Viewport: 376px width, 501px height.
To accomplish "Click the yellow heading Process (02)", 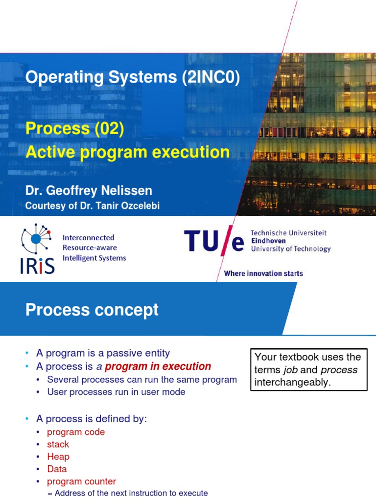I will (x=75, y=129).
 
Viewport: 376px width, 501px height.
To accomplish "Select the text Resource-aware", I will (x=89, y=248).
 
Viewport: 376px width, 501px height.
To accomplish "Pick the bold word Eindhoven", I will (x=268, y=241).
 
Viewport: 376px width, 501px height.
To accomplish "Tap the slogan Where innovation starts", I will (x=263, y=273).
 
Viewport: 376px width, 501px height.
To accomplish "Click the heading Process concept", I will (x=92, y=310).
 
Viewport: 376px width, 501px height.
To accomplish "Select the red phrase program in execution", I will (x=158, y=366).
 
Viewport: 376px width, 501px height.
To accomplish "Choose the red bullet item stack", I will (x=58, y=444).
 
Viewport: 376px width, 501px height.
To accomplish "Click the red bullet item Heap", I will (x=58, y=456).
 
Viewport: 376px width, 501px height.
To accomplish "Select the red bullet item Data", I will (x=57, y=469).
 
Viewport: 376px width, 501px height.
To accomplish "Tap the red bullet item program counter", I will (x=81, y=481).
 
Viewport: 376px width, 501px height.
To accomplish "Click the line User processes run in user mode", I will (x=116, y=392).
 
